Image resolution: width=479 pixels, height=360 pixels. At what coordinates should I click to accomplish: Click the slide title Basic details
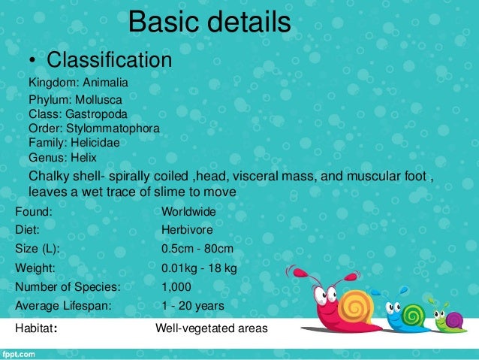pyautogui.click(x=209, y=22)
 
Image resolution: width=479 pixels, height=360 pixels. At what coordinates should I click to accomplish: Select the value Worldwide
pyautogui.click(x=188, y=213)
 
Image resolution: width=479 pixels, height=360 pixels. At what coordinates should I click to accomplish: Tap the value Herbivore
pyautogui.click(x=187, y=230)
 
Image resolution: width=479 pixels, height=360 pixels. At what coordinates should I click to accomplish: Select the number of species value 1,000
pyautogui.click(x=176, y=287)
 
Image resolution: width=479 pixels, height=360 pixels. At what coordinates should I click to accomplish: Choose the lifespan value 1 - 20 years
pyautogui.click(x=193, y=306)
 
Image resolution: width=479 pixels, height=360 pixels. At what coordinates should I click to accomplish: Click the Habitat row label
pyautogui.click(x=37, y=328)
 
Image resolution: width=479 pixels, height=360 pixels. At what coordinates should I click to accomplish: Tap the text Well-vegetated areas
pyautogui.click(x=211, y=328)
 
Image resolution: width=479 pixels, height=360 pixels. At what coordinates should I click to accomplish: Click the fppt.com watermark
pyautogui.click(x=20, y=352)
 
